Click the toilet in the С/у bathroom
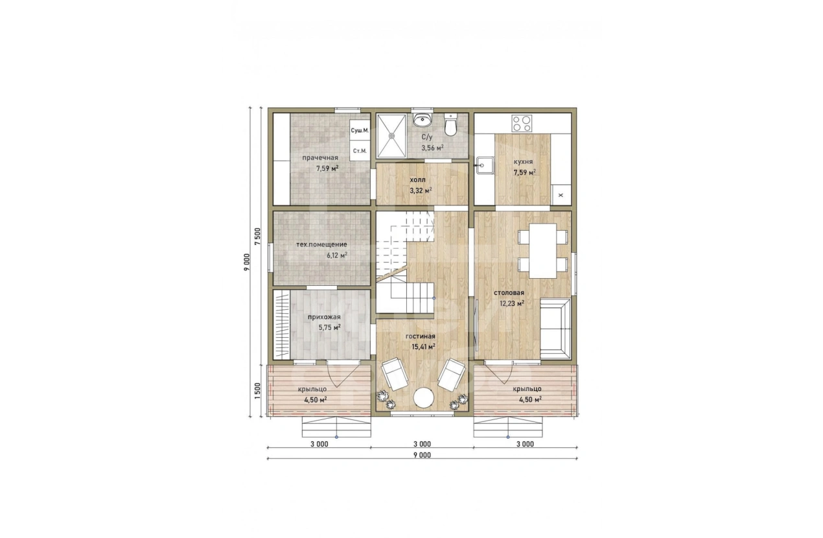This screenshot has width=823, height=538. (x=450, y=124)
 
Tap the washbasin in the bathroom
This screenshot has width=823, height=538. (x=423, y=119)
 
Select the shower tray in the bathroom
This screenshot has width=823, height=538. (x=391, y=135)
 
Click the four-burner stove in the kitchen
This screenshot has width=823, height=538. (x=522, y=123)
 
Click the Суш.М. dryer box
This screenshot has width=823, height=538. (x=359, y=130)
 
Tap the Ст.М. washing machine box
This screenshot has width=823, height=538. (x=359, y=151)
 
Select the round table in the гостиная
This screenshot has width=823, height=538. (x=424, y=397)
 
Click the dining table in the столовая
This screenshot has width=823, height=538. (x=542, y=251)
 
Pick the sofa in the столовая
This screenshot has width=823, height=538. (x=555, y=329)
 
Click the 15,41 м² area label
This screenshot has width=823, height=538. (x=424, y=347)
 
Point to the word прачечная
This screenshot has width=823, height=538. (x=320, y=158)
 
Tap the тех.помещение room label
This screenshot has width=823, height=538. (x=321, y=244)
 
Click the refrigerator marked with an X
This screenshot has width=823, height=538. (x=561, y=194)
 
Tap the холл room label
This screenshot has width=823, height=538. (x=418, y=180)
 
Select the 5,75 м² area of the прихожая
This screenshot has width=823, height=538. (x=329, y=327)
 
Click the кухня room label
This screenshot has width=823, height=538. (x=523, y=161)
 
